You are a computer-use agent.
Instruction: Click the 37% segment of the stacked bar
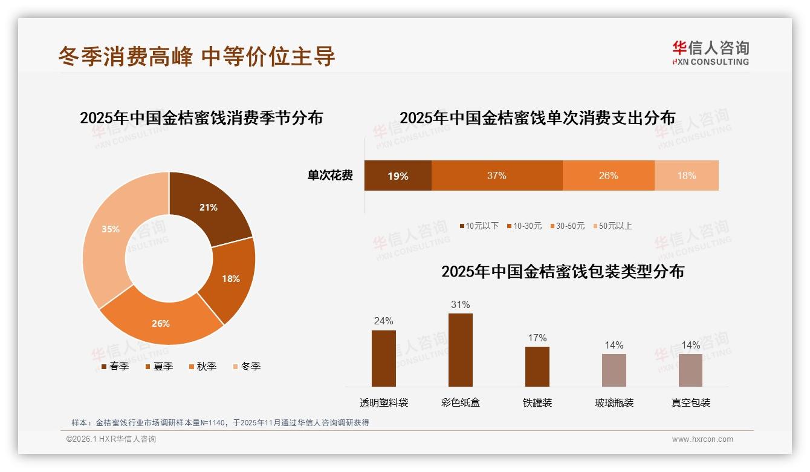[x=496, y=176]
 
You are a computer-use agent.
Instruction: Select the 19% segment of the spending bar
[x=398, y=176]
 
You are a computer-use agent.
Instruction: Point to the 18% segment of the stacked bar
[x=686, y=176]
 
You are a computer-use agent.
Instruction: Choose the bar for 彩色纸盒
[x=460, y=350]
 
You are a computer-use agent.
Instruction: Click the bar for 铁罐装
[x=537, y=366]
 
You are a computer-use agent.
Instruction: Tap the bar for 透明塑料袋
[x=383, y=358]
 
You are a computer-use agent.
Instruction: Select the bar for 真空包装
[x=690, y=370]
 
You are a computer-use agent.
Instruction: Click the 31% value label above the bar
[x=460, y=305]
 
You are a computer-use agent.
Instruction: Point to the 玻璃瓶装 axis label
[x=614, y=403]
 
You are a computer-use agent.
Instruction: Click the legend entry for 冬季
[x=246, y=367]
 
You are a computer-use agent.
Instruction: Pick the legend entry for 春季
[x=114, y=367]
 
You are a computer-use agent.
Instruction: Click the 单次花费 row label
[x=330, y=176]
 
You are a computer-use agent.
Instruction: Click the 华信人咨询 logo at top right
[x=710, y=53]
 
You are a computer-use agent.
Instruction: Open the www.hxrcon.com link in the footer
[x=702, y=439]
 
